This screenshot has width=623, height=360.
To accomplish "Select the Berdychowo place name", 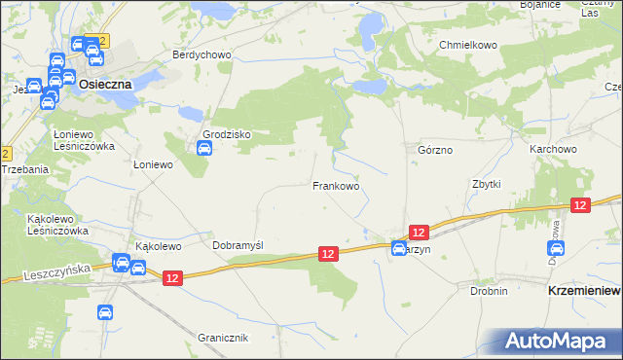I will pyautogui.click(x=202, y=54).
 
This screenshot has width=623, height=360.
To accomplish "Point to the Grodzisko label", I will pyautogui.click(x=227, y=134).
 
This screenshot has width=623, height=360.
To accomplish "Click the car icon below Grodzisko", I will pyautogui.click(x=204, y=149).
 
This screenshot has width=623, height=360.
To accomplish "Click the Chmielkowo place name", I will pyautogui.click(x=468, y=45).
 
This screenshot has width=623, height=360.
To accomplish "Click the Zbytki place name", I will pyautogui.click(x=486, y=184).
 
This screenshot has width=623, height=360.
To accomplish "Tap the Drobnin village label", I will pyautogui.click(x=489, y=290).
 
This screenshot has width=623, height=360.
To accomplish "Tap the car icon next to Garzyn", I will pyautogui.click(x=398, y=249).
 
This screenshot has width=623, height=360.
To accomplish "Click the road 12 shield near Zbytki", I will pyautogui.click(x=580, y=204).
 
